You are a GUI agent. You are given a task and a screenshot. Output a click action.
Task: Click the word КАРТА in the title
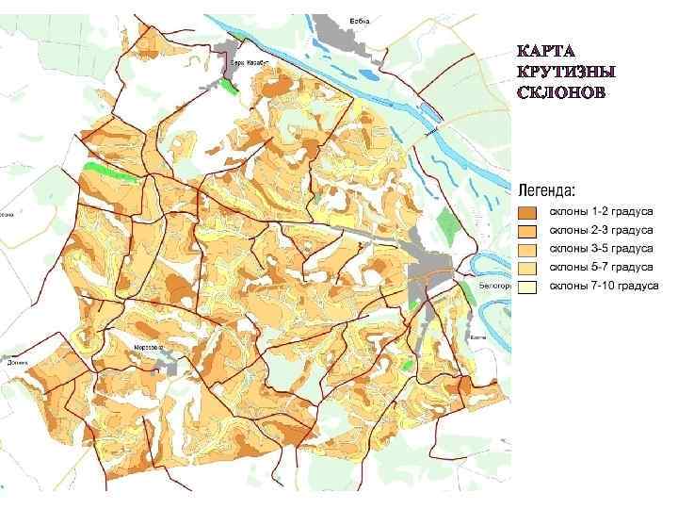pos(546,50)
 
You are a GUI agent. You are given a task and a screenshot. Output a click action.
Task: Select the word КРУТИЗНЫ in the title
pos(566,72)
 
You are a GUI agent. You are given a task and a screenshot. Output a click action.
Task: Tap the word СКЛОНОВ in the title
pos(562,93)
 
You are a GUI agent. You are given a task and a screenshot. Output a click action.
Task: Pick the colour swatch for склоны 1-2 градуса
pos(528,213)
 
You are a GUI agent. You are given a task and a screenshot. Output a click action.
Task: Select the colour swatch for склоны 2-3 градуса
pos(528,231)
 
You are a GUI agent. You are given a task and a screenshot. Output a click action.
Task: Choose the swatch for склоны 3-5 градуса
pos(528,250)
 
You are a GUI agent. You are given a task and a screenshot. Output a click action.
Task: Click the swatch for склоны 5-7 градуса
pos(528,269)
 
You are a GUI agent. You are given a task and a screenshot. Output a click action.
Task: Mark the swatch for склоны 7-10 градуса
pos(528,287)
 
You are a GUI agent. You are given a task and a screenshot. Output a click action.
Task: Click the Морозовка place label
pos(147,347)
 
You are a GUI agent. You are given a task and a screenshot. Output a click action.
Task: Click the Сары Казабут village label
pos(249,59)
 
